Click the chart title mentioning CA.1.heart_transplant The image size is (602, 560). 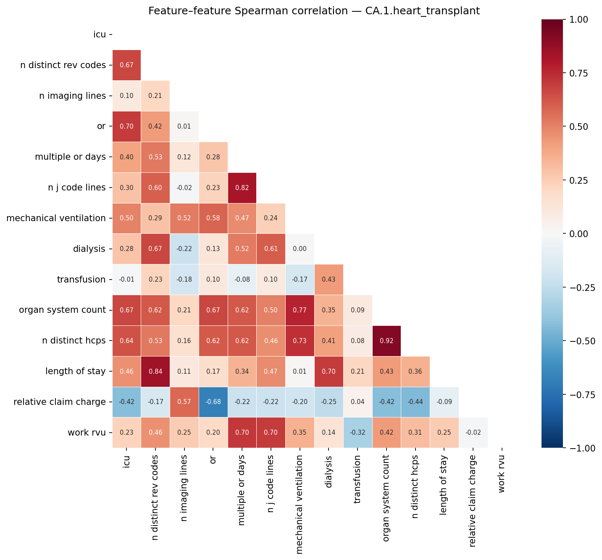click(x=314, y=11)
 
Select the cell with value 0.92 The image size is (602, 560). click(x=386, y=341)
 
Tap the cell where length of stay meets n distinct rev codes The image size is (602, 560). click(x=155, y=371)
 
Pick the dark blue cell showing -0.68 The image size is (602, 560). click(x=213, y=402)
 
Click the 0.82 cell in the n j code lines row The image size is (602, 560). click(x=242, y=188)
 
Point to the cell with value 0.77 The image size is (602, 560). click(x=300, y=310)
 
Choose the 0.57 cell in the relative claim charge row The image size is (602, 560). click(x=184, y=402)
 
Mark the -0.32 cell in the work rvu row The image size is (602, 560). click(x=358, y=433)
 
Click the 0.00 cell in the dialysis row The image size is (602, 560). click(x=300, y=249)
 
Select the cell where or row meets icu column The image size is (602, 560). click(x=127, y=126)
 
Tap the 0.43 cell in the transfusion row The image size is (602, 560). click(x=329, y=280)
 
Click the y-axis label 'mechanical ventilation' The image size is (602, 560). click(x=56, y=218)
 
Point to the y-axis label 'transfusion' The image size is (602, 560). click(x=81, y=280)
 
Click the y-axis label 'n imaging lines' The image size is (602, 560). click(x=72, y=96)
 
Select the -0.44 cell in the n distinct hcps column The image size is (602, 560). click(x=415, y=402)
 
